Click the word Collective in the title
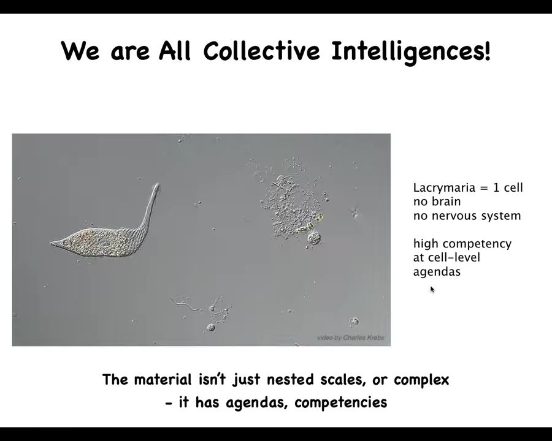click(261, 51)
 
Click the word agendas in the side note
click(437, 272)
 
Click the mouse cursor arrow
click(432, 290)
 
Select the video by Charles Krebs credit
click(351, 337)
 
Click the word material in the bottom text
click(163, 380)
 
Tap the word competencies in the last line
click(341, 402)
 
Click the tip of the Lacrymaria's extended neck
click(156, 184)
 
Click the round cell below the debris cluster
click(313, 238)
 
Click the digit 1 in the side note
click(496, 188)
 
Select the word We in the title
click(80, 51)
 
